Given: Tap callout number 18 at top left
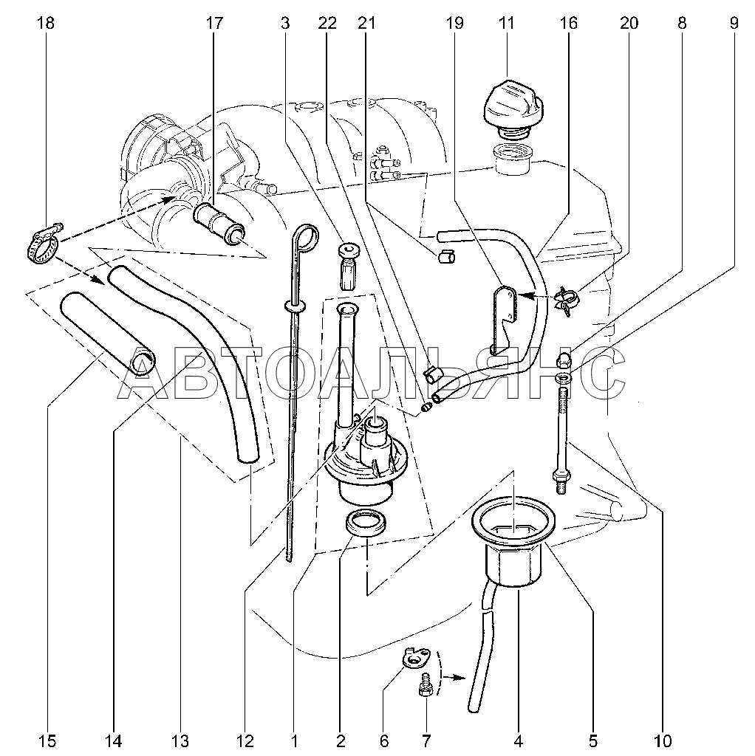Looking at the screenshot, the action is point(46,23).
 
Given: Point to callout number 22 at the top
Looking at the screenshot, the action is point(327,23).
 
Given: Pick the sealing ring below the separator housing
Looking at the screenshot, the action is point(366,523).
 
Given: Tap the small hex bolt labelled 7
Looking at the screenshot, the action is point(425,684).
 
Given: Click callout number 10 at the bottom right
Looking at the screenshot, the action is point(663,740).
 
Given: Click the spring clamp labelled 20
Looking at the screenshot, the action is point(567,300).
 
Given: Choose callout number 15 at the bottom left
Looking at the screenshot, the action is point(47,740).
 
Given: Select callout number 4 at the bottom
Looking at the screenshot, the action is point(518,740).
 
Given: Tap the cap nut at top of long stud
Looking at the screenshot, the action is point(563,360).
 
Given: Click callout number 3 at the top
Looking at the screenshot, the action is point(285,23).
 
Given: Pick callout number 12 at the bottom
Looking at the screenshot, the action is point(245,740).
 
